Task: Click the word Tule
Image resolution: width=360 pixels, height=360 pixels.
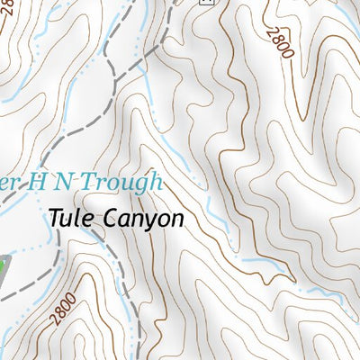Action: (70, 218)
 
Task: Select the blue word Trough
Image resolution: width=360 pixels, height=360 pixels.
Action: (126, 183)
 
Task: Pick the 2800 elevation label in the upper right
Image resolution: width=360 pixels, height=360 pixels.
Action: (280, 41)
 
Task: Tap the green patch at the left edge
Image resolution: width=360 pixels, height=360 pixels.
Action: (4, 266)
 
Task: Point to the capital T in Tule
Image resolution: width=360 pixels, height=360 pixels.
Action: (56, 218)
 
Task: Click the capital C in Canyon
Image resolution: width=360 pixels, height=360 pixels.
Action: (112, 218)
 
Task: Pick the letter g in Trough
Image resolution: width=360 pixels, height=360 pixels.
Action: (142, 185)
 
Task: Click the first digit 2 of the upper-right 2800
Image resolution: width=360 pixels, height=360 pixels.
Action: (272, 31)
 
